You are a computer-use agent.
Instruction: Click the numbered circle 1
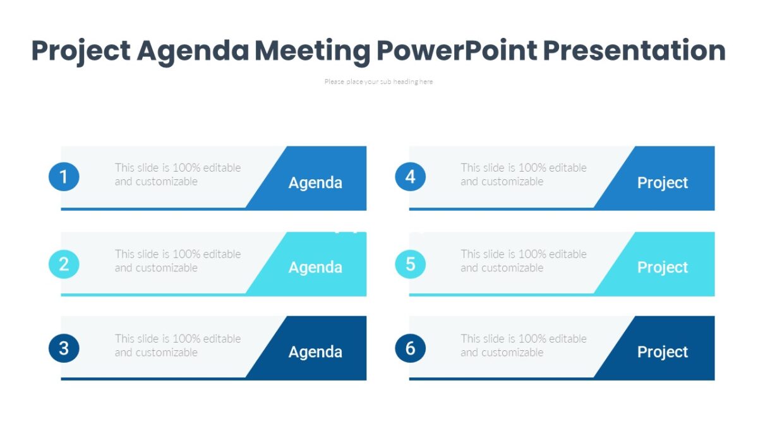pyautogui.click(x=64, y=177)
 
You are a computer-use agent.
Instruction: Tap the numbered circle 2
pyautogui.click(x=64, y=263)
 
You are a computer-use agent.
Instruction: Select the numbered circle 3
pyautogui.click(x=64, y=348)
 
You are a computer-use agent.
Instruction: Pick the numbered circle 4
pyautogui.click(x=411, y=177)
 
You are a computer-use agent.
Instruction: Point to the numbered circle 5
pyautogui.click(x=411, y=263)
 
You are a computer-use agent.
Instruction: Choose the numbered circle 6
pyautogui.click(x=411, y=348)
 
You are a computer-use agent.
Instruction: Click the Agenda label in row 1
pyautogui.click(x=315, y=183)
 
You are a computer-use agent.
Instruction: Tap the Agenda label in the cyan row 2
pyautogui.click(x=315, y=268)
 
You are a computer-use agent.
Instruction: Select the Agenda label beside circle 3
pyautogui.click(x=315, y=352)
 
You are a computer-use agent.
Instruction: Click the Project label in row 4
pyautogui.click(x=663, y=183)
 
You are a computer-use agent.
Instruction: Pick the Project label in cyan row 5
pyautogui.click(x=663, y=268)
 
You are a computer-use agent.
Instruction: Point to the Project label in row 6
pyautogui.click(x=663, y=352)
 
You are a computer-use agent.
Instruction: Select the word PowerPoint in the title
pyautogui.click(x=456, y=50)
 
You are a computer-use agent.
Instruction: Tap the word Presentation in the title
pyautogui.click(x=634, y=50)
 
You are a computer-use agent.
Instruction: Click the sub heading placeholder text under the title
pyautogui.click(x=378, y=81)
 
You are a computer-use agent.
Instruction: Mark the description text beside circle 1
pyautogui.click(x=177, y=174)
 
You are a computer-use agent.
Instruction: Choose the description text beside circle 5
pyautogui.click(x=524, y=261)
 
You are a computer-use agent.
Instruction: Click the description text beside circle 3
pyautogui.click(x=177, y=345)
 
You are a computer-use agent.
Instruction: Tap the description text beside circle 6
pyautogui.click(x=524, y=345)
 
